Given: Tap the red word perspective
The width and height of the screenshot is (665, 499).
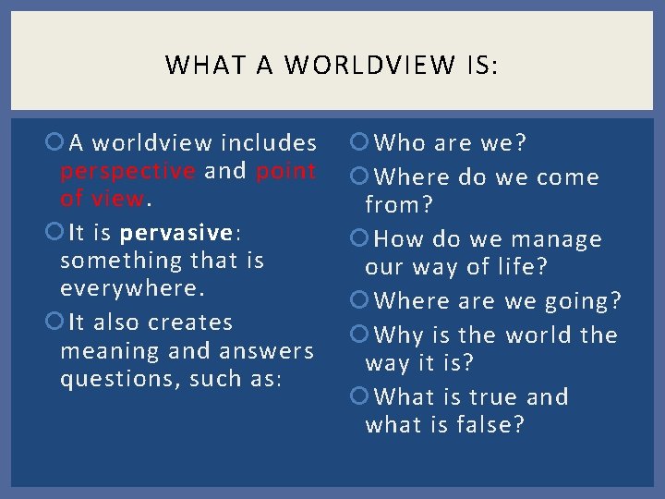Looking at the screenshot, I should coord(127,171).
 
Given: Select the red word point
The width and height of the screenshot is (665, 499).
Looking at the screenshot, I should coord(286,171).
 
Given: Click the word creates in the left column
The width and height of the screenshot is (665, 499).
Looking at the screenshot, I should coord(190,323).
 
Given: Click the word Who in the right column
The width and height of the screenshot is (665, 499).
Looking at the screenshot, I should coord(398,143).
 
